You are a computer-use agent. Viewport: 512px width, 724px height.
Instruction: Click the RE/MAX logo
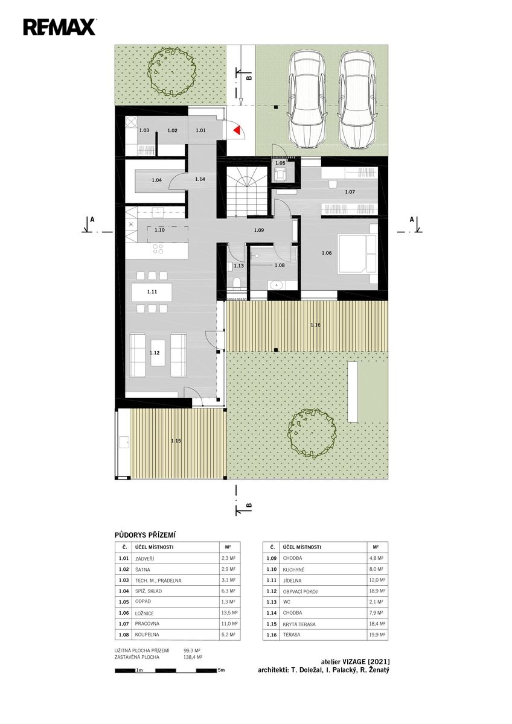pyautogui.click(x=59, y=27)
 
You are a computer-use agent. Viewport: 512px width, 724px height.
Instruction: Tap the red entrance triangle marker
pyautogui.click(x=237, y=130)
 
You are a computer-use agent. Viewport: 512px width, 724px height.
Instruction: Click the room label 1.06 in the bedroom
pyautogui.click(x=327, y=253)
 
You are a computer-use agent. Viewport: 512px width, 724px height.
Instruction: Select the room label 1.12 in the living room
pyautogui.click(x=155, y=352)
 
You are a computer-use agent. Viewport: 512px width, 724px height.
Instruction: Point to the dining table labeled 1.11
pyautogui.click(x=152, y=292)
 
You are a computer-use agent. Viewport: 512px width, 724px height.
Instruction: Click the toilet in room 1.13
pyautogui.click(x=237, y=282)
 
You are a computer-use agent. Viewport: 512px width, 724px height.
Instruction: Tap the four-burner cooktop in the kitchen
pyautogui.click(x=158, y=249)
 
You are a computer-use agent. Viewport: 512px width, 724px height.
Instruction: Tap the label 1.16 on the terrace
pyautogui.click(x=315, y=325)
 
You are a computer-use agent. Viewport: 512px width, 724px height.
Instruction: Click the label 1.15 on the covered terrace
pyautogui.click(x=176, y=440)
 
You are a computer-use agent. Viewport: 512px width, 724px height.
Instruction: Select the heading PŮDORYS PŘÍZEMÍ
pyautogui.click(x=146, y=535)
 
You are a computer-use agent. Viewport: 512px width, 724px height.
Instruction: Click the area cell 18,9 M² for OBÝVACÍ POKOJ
pyautogui.click(x=378, y=591)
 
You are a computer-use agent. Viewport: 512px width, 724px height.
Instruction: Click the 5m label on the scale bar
pyautogui.click(x=221, y=670)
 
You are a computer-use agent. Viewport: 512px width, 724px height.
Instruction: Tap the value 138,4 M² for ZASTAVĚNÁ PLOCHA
pyautogui.click(x=193, y=657)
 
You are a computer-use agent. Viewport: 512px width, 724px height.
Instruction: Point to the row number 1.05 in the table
pyautogui.click(x=124, y=602)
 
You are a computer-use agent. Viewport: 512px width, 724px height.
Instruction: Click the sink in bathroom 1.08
pyautogui.click(x=275, y=285)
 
